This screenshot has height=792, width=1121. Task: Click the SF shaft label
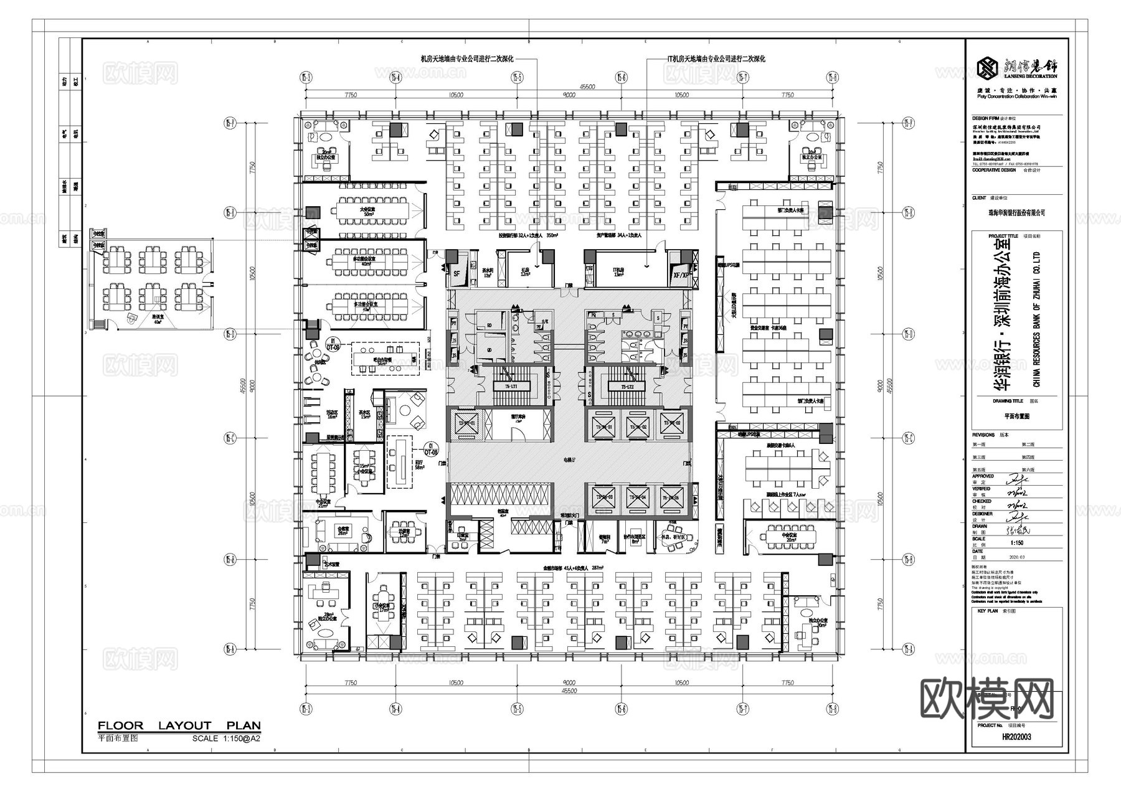pos(456,274)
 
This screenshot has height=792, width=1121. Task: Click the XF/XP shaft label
pos(681,274)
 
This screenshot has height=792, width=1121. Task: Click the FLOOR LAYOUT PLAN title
pos(179,725)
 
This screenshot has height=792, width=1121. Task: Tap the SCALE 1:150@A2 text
pos(226,738)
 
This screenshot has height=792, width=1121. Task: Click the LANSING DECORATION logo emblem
pos(986,67)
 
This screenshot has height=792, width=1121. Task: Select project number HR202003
pos(1016,737)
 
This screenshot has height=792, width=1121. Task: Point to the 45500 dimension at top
pos(569,87)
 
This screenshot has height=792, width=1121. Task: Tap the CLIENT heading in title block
pos(979,198)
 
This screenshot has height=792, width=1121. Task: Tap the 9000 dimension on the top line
pos(569,95)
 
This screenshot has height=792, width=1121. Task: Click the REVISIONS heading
pos(983,435)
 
